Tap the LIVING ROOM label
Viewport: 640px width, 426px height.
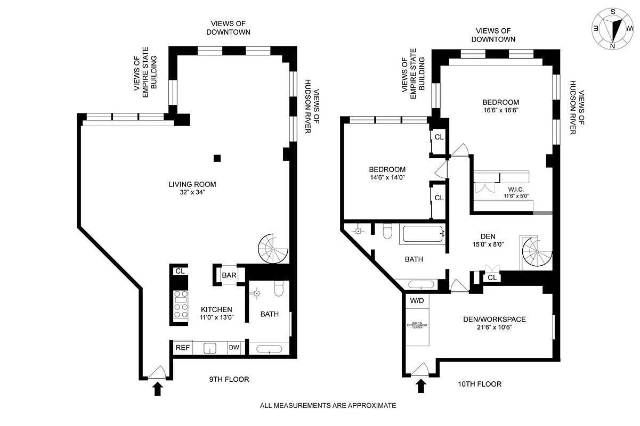click(x=192, y=185)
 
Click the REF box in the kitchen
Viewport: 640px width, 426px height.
click(x=183, y=348)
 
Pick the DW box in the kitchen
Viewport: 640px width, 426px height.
click(x=234, y=348)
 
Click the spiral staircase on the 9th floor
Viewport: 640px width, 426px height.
click(x=273, y=249)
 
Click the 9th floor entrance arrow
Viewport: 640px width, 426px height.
click(x=157, y=388)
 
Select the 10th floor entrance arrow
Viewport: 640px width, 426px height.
click(x=420, y=386)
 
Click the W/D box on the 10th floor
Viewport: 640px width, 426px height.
click(x=417, y=300)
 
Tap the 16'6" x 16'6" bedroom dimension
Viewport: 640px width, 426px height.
click(x=500, y=110)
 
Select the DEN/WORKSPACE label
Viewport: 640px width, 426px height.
click(x=493, y=319)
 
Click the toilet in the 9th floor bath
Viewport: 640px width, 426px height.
click(x=278, y=289)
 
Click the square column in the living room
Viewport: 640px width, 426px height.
click(x=217, y=158)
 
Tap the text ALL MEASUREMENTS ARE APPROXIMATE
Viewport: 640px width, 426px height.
click(x=328, y=405)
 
